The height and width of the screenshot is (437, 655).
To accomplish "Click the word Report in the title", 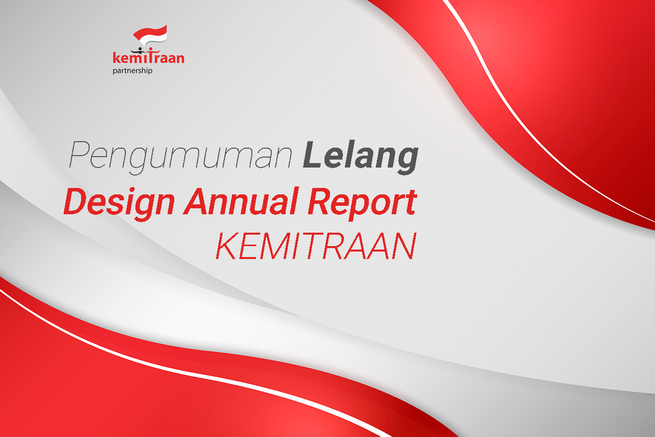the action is [362, 203].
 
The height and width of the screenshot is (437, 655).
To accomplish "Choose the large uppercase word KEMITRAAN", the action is [316, 246].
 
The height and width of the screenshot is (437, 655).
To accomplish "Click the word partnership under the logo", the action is [132, 71].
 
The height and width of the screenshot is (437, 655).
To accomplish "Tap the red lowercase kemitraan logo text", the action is [148, 57].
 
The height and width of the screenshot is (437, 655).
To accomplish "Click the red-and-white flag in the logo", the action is [150, 34].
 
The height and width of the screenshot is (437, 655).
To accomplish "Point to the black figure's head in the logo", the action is [140, 49].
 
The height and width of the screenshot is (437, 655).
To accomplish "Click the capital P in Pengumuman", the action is [79, 154].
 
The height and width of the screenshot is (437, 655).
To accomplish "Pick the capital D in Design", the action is [77, 201].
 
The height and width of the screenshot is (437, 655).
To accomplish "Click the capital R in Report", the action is [320, 201].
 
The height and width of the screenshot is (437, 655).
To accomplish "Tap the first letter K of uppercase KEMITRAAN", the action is [226, 246].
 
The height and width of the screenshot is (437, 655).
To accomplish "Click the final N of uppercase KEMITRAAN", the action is [405, 246].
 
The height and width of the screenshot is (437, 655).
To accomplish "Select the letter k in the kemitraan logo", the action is [116, 57].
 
